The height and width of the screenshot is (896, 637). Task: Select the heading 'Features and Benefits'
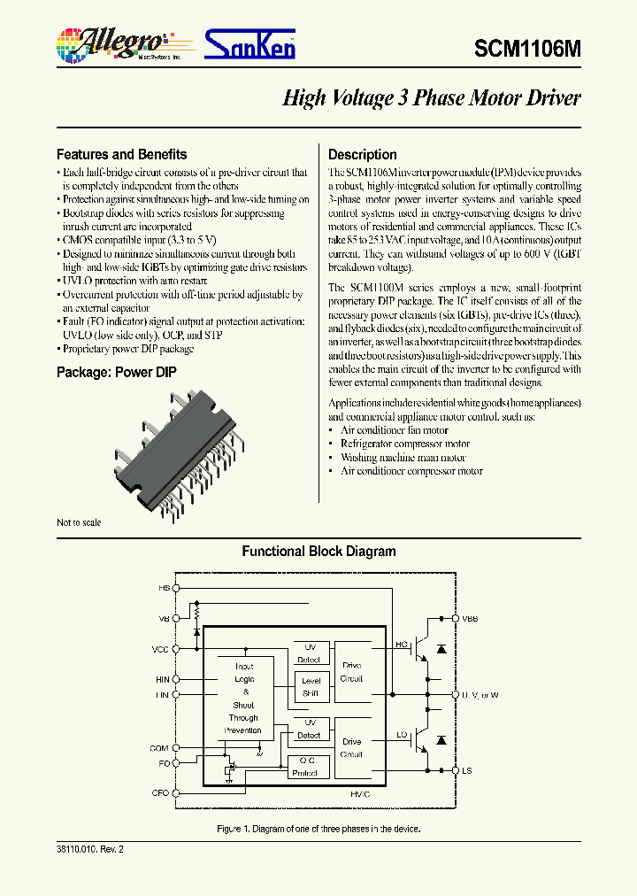tap(121, 154)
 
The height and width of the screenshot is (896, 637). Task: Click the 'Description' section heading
tap(362, 154)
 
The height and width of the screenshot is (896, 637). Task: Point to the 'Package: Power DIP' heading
tap(116, 372)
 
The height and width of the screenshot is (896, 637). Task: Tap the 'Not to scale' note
tap(79, 522)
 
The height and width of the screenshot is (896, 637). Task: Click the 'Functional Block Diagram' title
tap(318, 552)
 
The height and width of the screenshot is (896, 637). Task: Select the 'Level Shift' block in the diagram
tap(311, 687)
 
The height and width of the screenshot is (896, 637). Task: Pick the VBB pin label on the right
tap(469, 619)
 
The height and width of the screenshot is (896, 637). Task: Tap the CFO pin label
tap(159, 792)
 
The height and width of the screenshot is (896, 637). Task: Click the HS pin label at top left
tap(163, 588)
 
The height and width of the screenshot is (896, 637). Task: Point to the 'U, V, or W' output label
tap(480, 695)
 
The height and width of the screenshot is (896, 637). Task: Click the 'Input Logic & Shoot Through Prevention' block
tap(244, 699)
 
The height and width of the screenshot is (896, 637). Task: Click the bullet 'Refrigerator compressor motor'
tap(404, 444)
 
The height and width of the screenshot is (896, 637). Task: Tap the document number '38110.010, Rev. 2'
tap(90, 848)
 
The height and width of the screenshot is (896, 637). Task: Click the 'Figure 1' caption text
tap(318, 829)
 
